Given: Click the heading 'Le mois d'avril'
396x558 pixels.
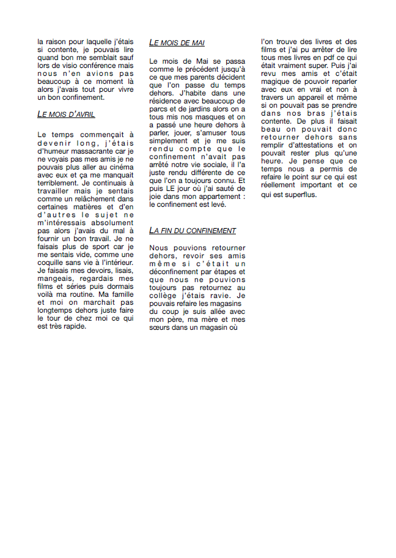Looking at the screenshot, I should pyautogui.click(x=66, y=114).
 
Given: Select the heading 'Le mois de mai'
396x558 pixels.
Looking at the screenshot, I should pyautogui.click(x=177, y=43).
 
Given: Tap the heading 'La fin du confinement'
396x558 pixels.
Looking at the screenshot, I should pyautogui.click(x=193, y=231).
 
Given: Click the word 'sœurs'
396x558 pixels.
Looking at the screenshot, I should pyautogui.click(x=161, y=327).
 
